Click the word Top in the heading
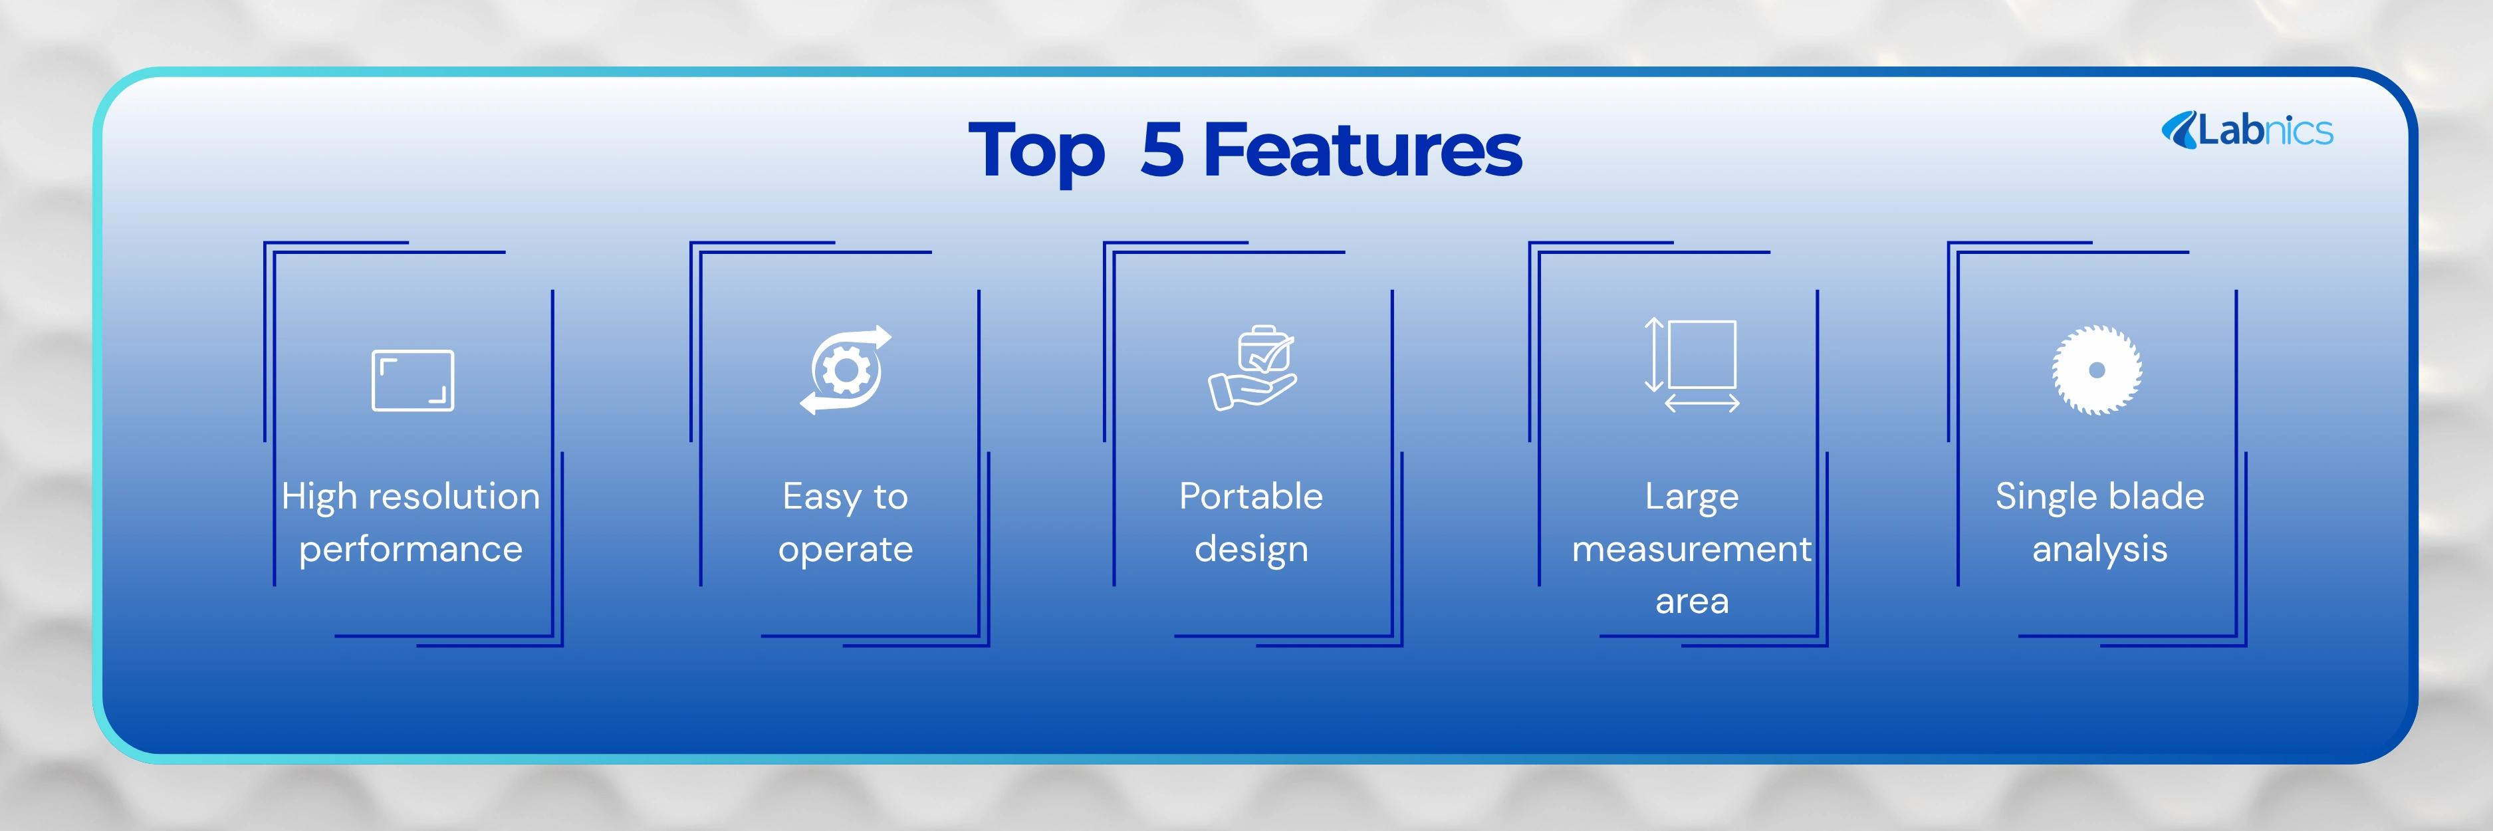pos(1036,152)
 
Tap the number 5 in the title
pos(1162,150)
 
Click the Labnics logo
pos(2247,130)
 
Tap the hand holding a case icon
pos(1252,368)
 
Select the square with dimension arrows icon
pos(1692,366)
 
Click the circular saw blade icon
pos(2097,370)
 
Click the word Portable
pos(1251,497)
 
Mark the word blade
pos(2155,497)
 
